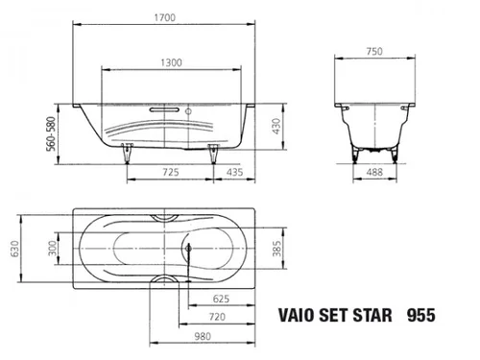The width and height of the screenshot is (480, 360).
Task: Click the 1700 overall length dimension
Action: coord(165,17)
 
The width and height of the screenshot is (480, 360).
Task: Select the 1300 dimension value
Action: coord(171,62)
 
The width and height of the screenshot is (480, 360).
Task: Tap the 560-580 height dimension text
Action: coord(51,133)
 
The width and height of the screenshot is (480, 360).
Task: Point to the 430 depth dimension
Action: coord(276,127)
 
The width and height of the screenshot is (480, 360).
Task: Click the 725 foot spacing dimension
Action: coord(171,172)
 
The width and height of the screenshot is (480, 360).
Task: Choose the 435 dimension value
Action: coord(235,172)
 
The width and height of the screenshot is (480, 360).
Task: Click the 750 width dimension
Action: coord(374,51)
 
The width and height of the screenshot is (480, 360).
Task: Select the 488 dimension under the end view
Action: coord(374,172)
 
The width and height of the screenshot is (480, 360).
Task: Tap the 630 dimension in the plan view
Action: coord(15,249)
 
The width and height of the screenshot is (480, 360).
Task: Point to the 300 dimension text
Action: coord(52,249)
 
